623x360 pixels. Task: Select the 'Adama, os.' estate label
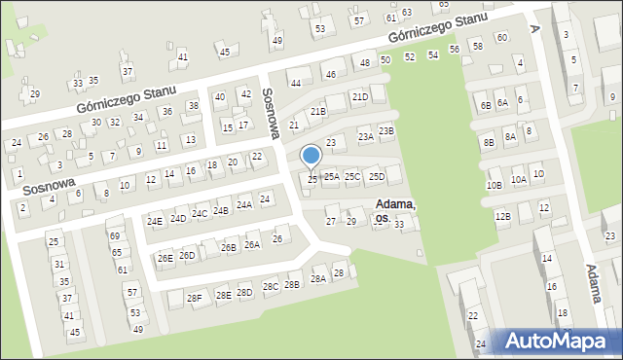click(394, 211)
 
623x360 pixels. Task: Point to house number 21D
click(359, 97)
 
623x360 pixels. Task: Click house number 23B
click(385, 131)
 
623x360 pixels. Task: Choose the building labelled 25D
click(377, 176)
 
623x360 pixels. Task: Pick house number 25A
click(332, 176)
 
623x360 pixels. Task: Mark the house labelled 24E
click(155, 221)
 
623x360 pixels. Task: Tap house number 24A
click(244, 204)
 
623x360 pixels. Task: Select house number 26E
click(165, 258)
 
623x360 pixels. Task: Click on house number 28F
click(195, 298)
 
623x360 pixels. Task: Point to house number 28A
click(317, 279)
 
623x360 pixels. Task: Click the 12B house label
click(502, 216)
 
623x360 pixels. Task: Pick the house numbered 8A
click(510, 137)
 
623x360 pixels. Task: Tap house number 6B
click(485, 105)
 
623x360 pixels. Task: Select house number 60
click(501, 38)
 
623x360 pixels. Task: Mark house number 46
click(330, 75)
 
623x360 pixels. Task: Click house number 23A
click(365, 137)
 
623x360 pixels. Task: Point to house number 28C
click(270, 287)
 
